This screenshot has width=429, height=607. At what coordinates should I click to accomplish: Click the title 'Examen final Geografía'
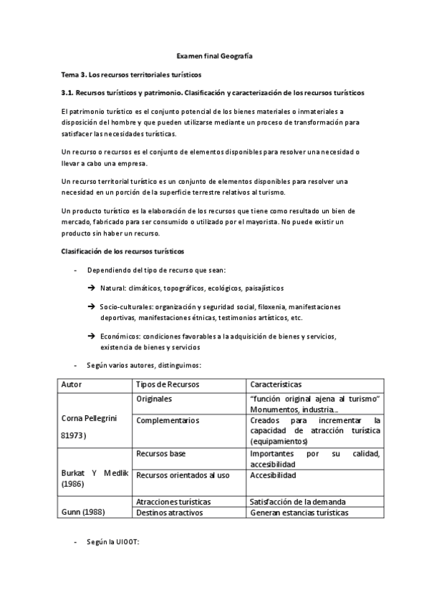214,55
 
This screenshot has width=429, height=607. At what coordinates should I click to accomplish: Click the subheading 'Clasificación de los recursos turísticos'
122,251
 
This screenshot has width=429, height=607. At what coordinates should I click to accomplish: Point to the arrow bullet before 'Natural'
92,288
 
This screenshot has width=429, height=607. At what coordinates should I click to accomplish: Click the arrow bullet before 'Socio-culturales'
92,307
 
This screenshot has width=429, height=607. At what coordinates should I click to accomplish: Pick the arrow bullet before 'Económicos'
92,336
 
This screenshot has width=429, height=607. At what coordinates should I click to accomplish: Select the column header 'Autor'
72,384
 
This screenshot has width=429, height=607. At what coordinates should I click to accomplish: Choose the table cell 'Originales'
155,399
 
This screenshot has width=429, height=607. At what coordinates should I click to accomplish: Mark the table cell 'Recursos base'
160,453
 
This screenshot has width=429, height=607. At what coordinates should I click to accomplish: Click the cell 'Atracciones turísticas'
172,502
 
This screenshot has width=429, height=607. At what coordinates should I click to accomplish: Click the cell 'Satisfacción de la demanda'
297,502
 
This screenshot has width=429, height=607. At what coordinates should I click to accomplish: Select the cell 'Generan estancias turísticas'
299,513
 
